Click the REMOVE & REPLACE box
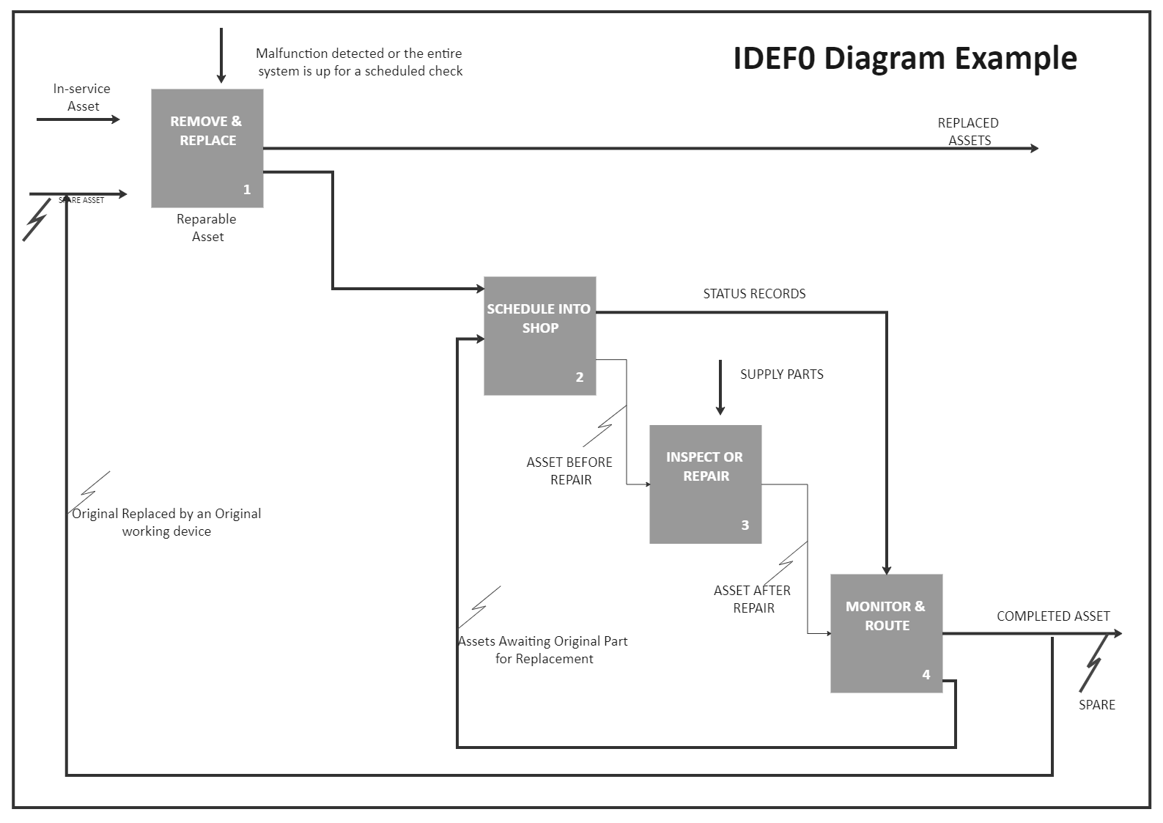coord(207,148)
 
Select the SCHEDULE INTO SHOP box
coord(539,336)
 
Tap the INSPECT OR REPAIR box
coord(705,484)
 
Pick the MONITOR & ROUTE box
coord(886,633)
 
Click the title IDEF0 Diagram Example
coord(904,58)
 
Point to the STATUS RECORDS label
coord(754,294)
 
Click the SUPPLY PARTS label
coord(781,374)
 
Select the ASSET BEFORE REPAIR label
coord(569,471)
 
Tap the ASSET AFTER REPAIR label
coord(753,599)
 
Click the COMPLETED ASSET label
coord(1053,616)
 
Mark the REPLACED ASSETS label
coord(968,131)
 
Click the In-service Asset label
coord(82,97)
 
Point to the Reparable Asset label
coord(207,228)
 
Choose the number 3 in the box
coord(745,525)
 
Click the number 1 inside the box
coord(247,190)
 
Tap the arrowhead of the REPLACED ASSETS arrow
coord(1034,149)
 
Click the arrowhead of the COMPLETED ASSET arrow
coord(1117,633)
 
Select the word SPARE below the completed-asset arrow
coord(1096,705)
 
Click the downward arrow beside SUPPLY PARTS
coord(720,388)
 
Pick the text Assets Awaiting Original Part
coord(543,641)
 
